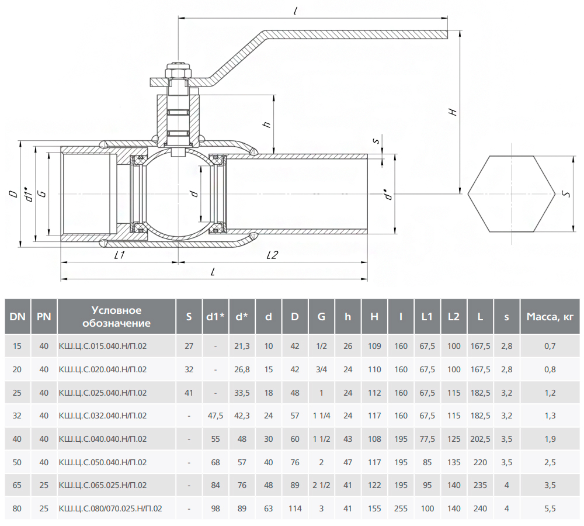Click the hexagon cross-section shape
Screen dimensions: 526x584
pyautogui.click(x=511, y=193)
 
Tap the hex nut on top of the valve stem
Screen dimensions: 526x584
pyautogui.click(x=179, y=72)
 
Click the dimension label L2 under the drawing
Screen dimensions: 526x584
pyautogui.click(x=272, y=255)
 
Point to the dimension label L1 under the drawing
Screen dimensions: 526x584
pyautogui.click(x=119, y=255)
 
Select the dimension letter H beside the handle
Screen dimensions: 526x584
pyautogui.click(x=453, y=111)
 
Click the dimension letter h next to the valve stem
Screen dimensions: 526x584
pyautogui.click(x=266, y=124)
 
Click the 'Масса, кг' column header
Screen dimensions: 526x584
pyautogui.click(x=550, y=317)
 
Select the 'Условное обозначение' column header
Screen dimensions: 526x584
pyautogui.click(x=117, y=317)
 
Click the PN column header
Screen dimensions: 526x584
pyautogui.click(x=44, y=317)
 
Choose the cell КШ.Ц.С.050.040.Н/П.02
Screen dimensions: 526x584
pyautogui.click(x=103, y=462)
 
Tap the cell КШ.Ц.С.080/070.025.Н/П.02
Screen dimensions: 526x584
pyautogui.click(x=110, y=509)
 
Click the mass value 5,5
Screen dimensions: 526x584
pyautogui.click(x=550, y=509)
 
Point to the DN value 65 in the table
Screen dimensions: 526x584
pyautogui.click(x=18, y=486)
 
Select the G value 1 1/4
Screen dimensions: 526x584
pyautogui.click(x=321, y=416)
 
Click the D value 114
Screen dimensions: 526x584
pyautogui.click(x=295, y=509)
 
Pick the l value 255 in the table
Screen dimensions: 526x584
pyautogui.click(x=401, y=509)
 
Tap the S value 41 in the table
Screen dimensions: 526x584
pyautogui.click(x=189, y=392)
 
